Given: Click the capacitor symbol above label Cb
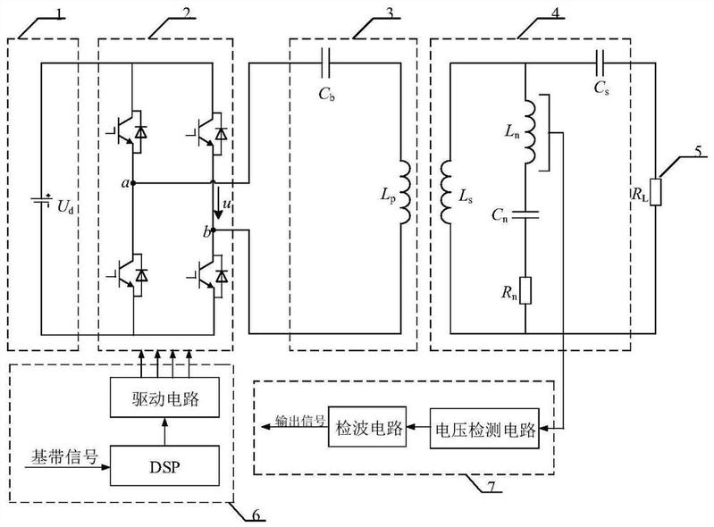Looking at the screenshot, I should [x=326, y=62].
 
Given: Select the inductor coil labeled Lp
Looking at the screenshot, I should [x=404, y=191].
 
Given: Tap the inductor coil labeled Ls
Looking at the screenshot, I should [x=447, y=191].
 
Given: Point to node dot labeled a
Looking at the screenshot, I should [x=133, y=182].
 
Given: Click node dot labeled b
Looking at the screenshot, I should [x=216, y=230].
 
